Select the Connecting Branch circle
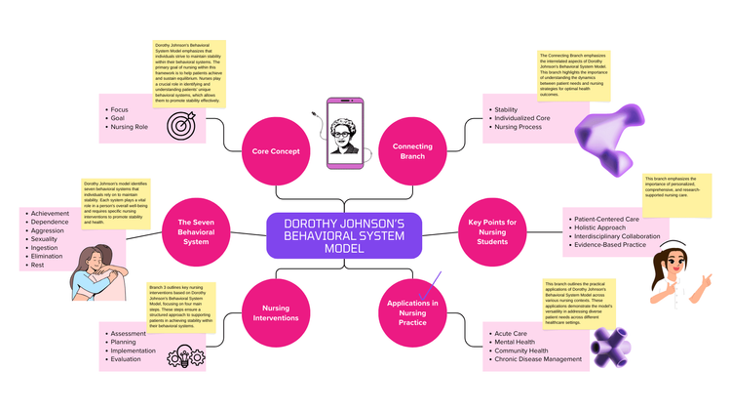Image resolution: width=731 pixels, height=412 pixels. click(412, 151)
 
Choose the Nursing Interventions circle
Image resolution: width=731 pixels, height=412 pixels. click(275, 312)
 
